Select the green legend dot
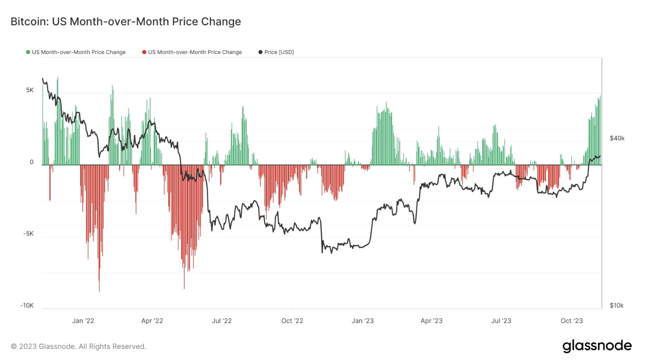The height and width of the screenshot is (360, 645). [x=28, y=52]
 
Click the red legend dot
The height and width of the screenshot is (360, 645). [x=144, y=52]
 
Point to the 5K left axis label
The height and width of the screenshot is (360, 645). [x=30, y=90]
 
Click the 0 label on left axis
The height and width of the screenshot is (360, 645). [x=31, y=162]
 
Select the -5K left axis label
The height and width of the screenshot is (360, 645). [x=28, y=234]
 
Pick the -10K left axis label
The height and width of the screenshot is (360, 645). [x=27, y=306]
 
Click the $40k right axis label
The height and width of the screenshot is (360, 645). [x=617, y=138]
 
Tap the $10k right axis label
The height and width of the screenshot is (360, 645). [x=617, y=306]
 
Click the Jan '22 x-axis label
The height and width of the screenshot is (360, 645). [x=83, y=321]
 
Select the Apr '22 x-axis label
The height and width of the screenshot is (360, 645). [x=152, y=321]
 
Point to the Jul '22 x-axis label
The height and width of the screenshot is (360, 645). [x=222, y=321]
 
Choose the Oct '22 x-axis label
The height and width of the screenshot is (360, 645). [x=292, y=321]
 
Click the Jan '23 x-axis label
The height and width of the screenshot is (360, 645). [x=362, y=321]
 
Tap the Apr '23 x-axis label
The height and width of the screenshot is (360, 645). [x=431, y=321]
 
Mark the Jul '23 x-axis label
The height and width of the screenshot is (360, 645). [x=501, y=321]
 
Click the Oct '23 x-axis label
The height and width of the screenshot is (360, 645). [x=572, y=321]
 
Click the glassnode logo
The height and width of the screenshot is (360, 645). [x=597, y=346]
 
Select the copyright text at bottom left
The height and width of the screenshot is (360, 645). [x=78, y=346]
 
